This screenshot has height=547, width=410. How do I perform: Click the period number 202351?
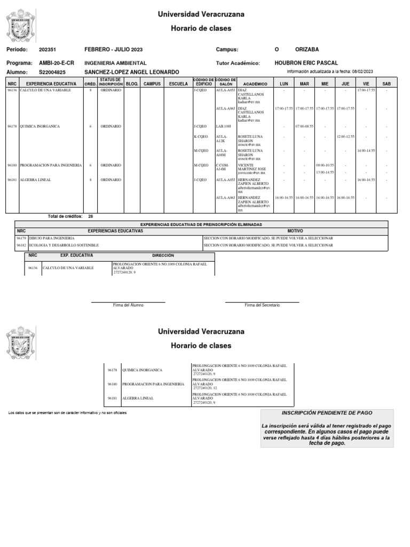coord(48,49)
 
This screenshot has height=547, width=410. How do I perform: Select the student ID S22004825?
coord(52,72)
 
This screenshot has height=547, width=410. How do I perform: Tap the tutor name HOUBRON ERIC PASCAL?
coord(306,62)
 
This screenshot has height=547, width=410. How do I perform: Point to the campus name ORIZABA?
coord(307,49)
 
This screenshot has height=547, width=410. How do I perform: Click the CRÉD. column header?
coord(90,84)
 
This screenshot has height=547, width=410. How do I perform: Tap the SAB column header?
coord(387,84)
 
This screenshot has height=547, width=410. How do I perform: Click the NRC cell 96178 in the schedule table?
coord(12,127)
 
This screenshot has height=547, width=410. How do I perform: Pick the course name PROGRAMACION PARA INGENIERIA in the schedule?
coord(51,166)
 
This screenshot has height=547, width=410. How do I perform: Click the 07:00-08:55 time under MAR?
coord(304,127)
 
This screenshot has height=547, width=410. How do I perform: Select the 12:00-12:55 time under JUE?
coord(345,137)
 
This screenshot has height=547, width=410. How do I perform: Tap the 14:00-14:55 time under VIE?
coord(366,151)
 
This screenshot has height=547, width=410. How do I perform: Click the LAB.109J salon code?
coord(223,127)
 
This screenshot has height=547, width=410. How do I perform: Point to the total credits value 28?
coord(90,216)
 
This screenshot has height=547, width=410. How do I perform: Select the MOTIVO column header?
coord(295,231)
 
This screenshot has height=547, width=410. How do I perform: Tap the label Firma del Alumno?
coord(125,305)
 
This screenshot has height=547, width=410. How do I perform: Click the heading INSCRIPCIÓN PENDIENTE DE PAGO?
coord(327,413)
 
